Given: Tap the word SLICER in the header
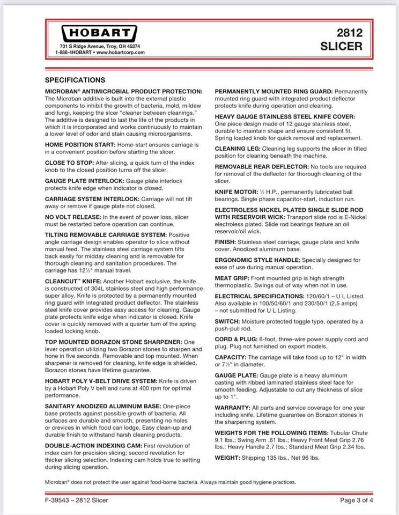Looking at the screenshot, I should click(x=341, y=46).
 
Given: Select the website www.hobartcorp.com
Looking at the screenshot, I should click(x=119, y=53).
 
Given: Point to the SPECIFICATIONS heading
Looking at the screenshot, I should click(x=75, y=80).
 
